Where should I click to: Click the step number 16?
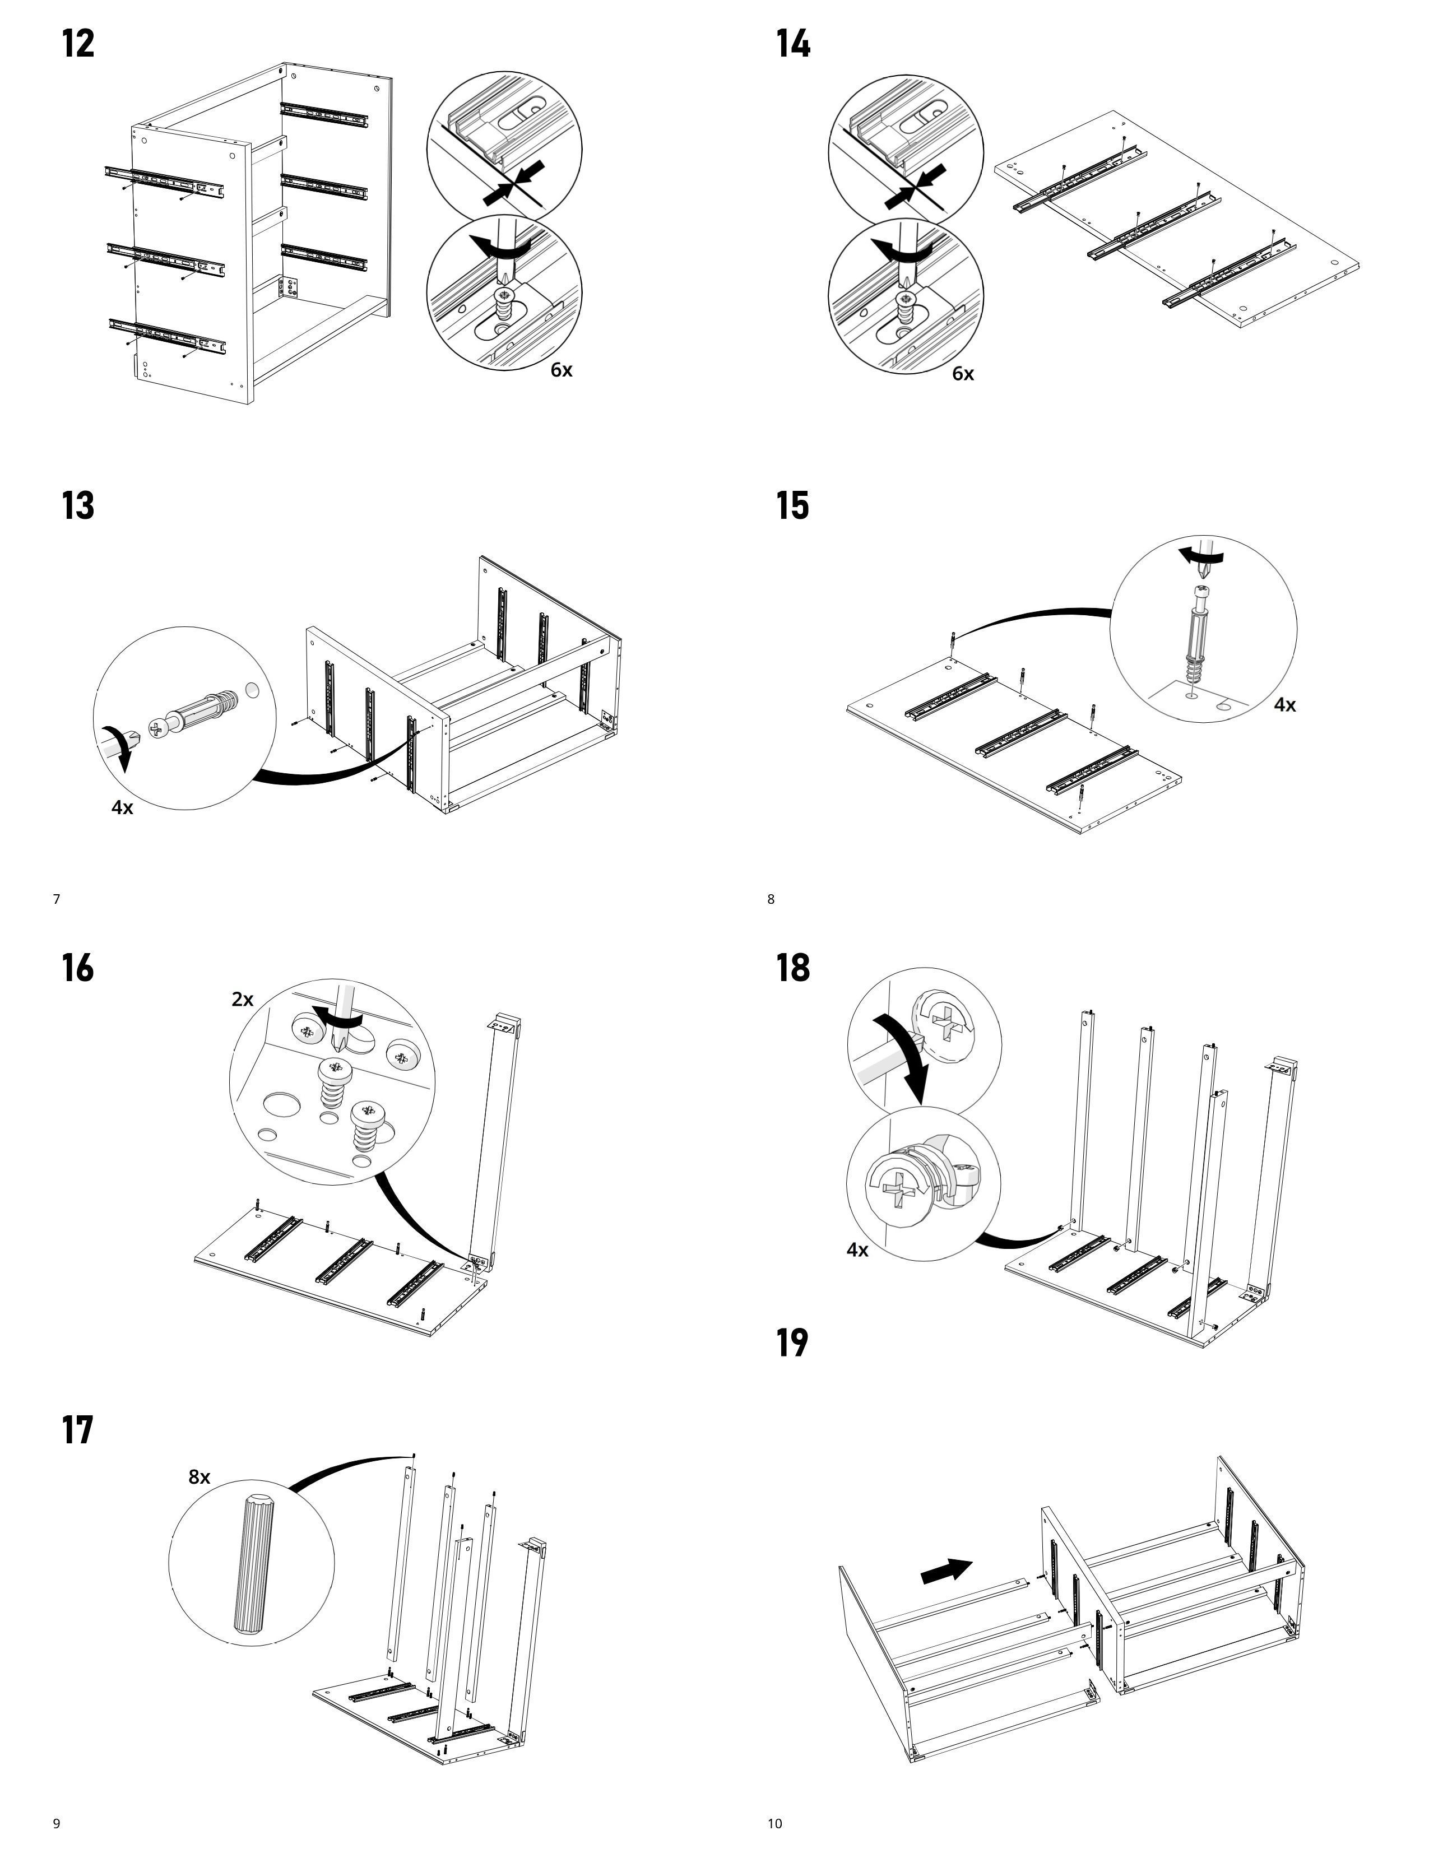78,968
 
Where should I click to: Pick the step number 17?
78,1430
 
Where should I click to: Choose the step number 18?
792,968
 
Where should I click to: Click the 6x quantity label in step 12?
562,370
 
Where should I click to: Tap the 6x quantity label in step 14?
963,373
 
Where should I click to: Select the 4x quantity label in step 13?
123,807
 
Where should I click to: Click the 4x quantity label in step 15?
1284,704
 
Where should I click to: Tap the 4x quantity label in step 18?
857,1249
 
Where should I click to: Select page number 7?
57,899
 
